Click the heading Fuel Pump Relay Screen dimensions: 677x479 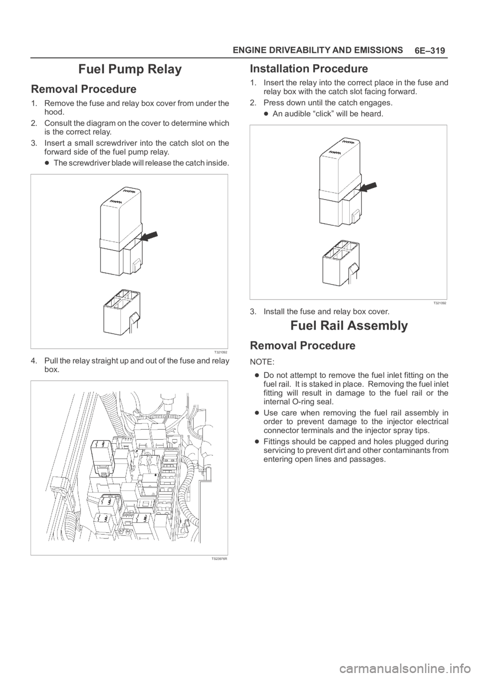(130, 69)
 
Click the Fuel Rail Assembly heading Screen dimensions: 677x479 (348, 326)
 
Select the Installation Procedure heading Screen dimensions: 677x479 (309, 68)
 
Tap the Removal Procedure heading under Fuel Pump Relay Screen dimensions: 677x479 (84, 90)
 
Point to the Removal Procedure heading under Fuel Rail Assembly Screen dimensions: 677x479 (302, 345)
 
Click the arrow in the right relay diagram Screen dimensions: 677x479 (368, 188)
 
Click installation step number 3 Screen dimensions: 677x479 (252, 312)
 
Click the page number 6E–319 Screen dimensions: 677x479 (431, 51)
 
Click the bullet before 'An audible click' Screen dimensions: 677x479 (267, 114)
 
